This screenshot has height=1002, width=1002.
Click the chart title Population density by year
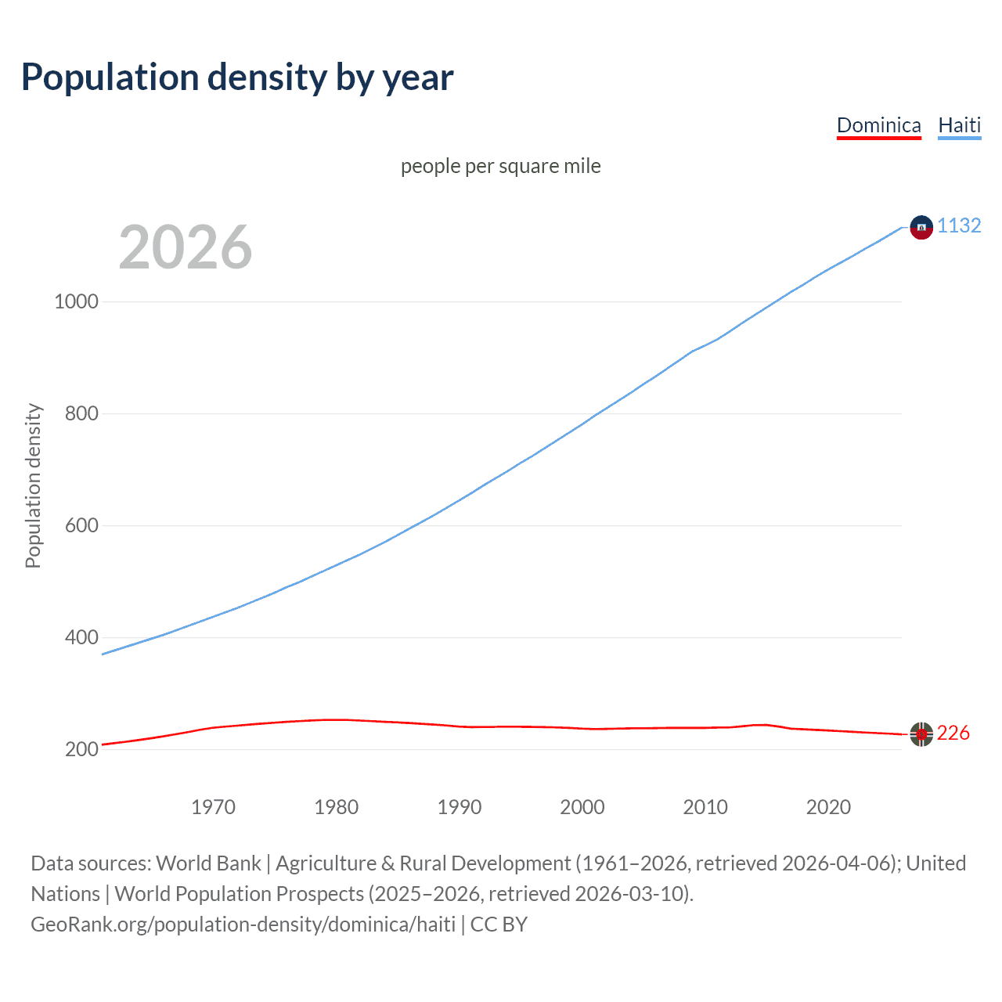(x=237, y=77)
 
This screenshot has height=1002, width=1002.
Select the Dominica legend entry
(x=878, y=125)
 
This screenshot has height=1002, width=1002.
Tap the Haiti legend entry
(x=959, y=125)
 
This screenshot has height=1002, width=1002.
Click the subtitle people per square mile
(x=500, y=166)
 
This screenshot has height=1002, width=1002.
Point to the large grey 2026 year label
(x=186, y=247)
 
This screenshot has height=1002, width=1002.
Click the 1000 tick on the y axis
(x=76, y=301)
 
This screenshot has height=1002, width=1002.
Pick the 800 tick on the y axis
(x=81, y=413)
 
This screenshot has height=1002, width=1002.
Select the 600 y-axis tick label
(x=81, y=525)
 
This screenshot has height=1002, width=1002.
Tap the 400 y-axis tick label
(x=81, y=637)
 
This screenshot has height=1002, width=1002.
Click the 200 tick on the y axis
(x=81, y=749)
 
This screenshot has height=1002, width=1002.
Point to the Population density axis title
(x=33, y=485)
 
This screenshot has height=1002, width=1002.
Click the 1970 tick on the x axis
(x=213, y=807)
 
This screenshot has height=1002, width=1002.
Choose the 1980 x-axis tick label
(x=336, y=807)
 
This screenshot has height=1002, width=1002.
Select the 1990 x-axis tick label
(x=460, y=807)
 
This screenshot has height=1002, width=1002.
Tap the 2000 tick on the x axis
(x=582, y=807)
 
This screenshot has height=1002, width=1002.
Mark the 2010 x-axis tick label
(x=705, y=807)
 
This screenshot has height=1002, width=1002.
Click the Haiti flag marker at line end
(x=921, y=227)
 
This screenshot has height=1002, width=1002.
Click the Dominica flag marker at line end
(x=921, y=734)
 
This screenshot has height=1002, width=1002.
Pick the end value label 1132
(x=959, y=225)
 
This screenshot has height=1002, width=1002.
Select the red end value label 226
(x=953, y=733)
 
